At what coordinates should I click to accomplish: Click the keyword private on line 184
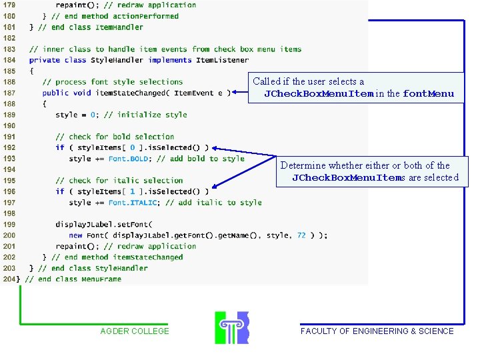[45, 60]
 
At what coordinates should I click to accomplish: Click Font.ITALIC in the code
[133, 203]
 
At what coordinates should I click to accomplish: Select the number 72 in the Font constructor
[301, 235]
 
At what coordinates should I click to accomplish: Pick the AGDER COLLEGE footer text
[135, 331]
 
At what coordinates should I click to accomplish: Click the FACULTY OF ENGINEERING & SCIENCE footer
[377, 331]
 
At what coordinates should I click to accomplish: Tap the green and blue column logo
[231, 327]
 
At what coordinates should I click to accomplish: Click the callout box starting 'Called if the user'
[357, 88]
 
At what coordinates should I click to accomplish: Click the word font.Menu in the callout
[429, 94]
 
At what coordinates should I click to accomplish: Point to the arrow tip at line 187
[234, 93]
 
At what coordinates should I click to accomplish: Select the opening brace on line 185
[31, 71]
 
